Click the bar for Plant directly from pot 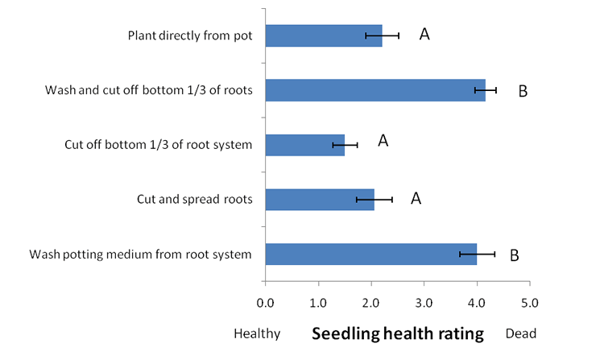(323, 35)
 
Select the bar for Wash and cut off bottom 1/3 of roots (374, 90)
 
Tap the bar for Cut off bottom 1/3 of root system (304, 145)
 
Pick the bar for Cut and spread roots (319, 199)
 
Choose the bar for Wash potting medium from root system (370, 254)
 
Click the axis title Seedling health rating (397, 333)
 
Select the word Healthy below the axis (257, 333)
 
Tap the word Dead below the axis (520, 333)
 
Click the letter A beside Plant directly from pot (424, 35)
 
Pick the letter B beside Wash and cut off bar (522, 91)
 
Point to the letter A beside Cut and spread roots (416, 198)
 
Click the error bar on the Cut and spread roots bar (374, 199)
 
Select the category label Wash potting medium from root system (140, 254)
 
